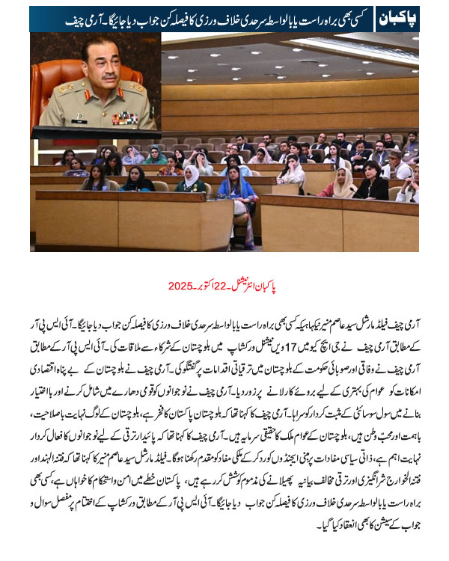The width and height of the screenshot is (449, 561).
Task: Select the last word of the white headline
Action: [x=51, y=18]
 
